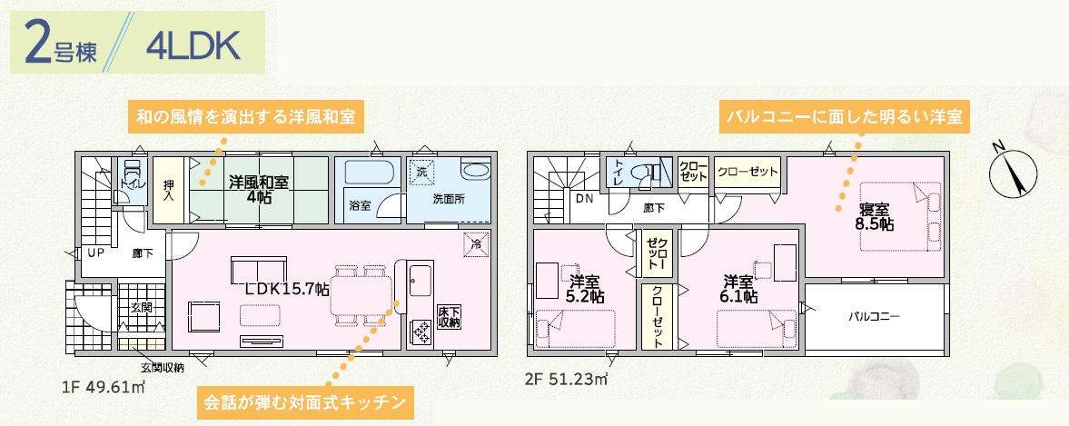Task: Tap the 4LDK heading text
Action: click(193, 47)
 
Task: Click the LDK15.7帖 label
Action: click(287, 289)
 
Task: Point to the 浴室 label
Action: click(360, 205)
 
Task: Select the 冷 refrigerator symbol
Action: click(477, 244)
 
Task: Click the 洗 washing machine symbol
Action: click(421, 172)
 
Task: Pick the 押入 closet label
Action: click(169, 190)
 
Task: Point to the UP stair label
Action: click(95, 253)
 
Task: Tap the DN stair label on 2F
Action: click(583, 199)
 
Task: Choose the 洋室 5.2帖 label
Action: click(586, 289)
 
